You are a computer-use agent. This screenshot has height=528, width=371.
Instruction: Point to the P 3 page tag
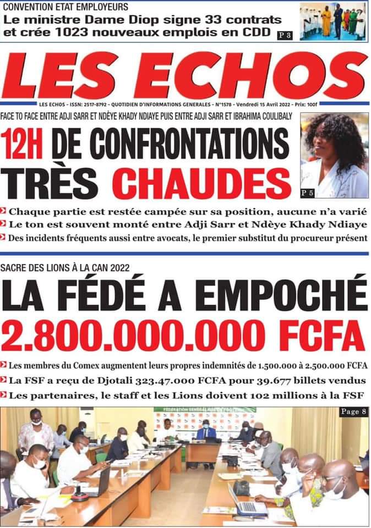point(285,35)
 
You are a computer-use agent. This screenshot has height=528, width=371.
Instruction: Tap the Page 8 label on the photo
point(351,411)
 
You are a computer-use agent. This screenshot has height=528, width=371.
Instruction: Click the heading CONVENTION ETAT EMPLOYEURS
point(66,7)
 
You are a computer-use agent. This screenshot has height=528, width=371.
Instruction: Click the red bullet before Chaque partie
point(4,212)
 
